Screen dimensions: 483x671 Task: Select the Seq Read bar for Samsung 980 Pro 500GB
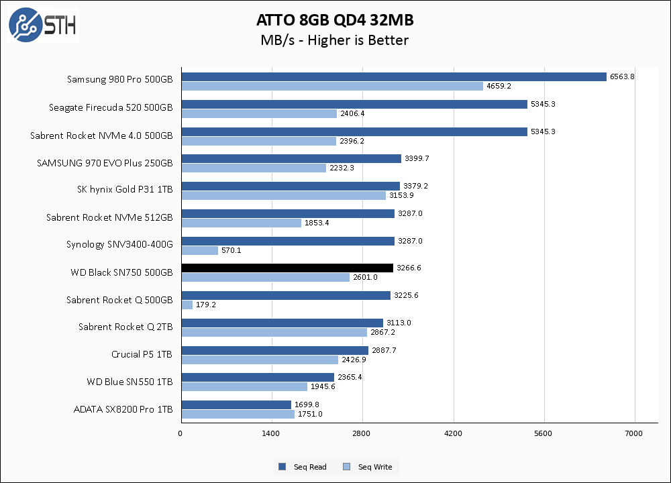pos(394,76)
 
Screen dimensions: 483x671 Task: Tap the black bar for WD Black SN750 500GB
pos(287,268)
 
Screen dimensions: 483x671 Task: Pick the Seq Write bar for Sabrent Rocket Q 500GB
pos(187,305)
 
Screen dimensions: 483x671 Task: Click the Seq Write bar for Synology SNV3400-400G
pos(200,250)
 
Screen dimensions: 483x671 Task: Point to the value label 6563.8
pos(621,76)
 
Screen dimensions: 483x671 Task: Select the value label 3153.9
pos(401,195)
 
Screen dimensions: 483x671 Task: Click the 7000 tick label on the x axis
pos(634,434)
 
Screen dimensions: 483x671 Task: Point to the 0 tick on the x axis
pos(180,434)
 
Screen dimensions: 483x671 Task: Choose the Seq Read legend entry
pos(303,467)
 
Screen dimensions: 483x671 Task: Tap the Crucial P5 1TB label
pos(142,354)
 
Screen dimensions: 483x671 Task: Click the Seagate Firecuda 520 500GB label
pos(111,107)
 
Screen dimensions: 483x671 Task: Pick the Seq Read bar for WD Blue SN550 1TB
pos(258,377)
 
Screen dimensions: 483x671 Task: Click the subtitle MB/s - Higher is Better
pos(334,40)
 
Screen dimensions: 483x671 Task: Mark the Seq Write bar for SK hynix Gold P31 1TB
pos(284,195)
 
